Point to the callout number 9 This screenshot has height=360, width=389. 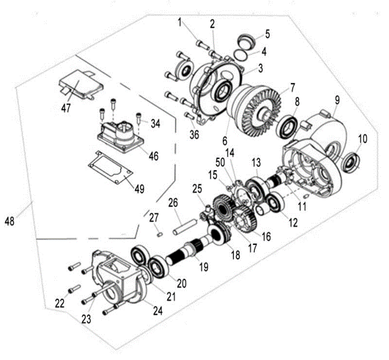(x=337, y=98)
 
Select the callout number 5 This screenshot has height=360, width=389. (x=267, y=34)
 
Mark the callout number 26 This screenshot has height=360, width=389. (x=173, y=202)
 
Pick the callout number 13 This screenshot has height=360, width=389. (x=256, y=161)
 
